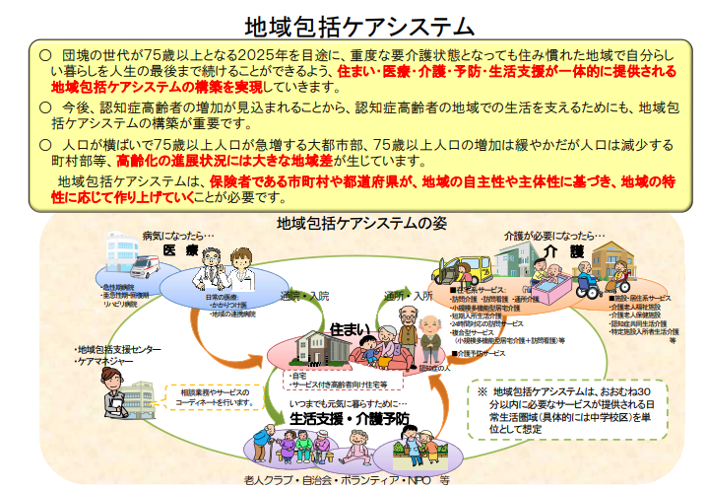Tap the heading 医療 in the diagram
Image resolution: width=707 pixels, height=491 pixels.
pyautogui.click(x=181, y=250)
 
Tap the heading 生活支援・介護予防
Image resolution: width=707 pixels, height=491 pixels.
pyautogui.click(x=350, y=418)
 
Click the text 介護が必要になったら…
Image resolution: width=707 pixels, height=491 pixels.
pyautogui.click(x=554, y=237)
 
